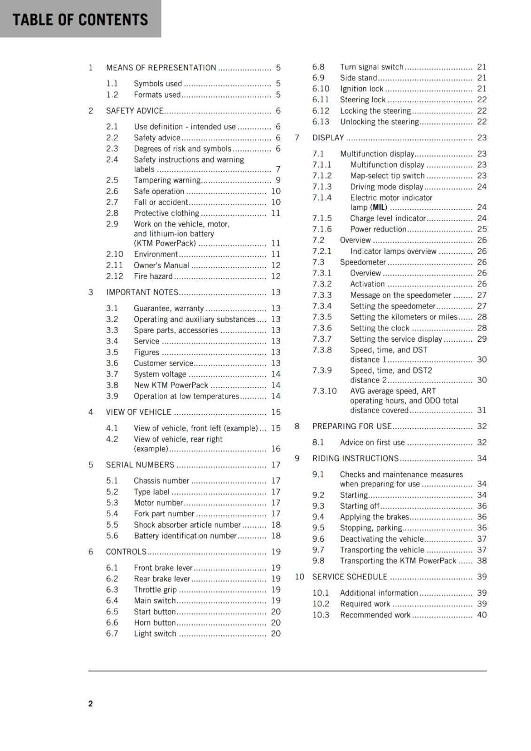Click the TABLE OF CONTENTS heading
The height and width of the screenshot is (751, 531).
click(x=80, y=20)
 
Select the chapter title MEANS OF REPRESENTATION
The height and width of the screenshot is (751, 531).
click(x=161, y=68)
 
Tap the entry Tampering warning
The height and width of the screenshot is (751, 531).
click(x=167, y=180)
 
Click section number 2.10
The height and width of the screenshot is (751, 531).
click(x=114, y=254)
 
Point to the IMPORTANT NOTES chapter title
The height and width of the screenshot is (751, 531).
click(x=142, y=292)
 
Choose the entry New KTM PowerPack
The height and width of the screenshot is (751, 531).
click(x=171, y=385)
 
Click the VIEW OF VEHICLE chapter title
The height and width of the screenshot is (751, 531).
click(x=139, y=412)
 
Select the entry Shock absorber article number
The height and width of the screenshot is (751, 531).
click(x=187, y=525)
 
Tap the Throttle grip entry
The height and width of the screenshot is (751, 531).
click(x=155, y=590)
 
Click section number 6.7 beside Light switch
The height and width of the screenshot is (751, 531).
click(x=112, y=634)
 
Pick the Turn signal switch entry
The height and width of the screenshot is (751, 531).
click(x=372, y=67)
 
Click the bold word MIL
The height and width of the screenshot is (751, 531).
click(x=379, y=207)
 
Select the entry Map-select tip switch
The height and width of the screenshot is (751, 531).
click(x=387, y=176)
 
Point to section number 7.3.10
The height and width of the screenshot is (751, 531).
click(x=324, y=391)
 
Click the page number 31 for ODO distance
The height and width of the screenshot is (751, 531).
click(x=482, y=410)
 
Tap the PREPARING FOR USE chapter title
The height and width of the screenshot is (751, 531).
click(x=351, y=426)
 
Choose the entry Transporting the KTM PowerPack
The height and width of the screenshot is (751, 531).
click(x=398, y=561)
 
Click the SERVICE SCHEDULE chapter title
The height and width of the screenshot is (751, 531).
click(x=350, y=577)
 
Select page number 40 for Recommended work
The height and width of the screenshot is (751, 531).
click(x=482, y=615)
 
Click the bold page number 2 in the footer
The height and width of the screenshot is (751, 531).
click(x=90, y=704)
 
